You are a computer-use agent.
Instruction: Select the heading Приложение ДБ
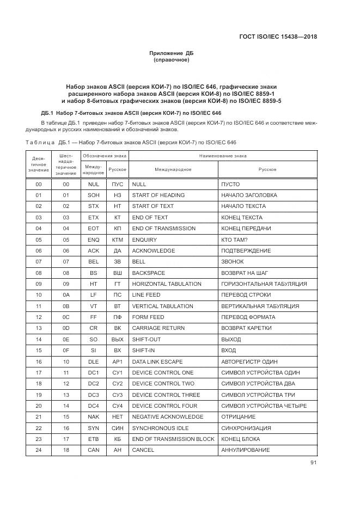coord(172,53)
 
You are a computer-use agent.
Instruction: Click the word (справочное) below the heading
coord(172,60)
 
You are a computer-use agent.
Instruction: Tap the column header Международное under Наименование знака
coord(173,169)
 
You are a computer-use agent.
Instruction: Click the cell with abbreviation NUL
coord(93,184)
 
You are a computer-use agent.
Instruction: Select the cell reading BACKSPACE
coord(149,273)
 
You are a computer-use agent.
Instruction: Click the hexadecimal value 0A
coord(66,295)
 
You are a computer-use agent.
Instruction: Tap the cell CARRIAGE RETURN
coord(158,328)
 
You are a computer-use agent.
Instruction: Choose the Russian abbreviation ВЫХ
coord(117,339)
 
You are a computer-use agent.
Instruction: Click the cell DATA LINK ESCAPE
coord(157,361)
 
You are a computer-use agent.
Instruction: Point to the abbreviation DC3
coord(93,395)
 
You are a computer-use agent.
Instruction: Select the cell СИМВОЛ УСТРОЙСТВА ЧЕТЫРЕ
coord(264,406)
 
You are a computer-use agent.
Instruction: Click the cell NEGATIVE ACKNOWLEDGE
coord(168,417)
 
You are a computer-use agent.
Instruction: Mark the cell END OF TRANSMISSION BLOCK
coord(173,439)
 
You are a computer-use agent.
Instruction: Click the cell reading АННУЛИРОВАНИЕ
coord(245,450)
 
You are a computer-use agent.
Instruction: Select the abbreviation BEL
coord(93,262)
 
